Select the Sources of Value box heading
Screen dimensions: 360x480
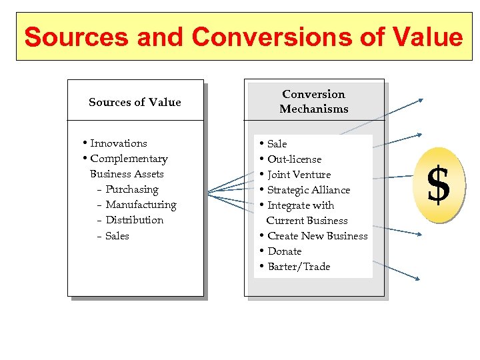tap(135, 102)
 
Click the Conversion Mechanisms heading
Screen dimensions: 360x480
tap(313, 101)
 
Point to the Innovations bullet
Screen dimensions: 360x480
tap(118, 143)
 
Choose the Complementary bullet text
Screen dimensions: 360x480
tap(129, 159)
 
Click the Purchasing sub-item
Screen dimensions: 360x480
tap(132, 189)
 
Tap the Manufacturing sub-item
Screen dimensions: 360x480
tap(141, 205)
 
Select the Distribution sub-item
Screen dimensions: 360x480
tap(134, 220)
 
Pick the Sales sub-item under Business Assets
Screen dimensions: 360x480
tap(117, 236)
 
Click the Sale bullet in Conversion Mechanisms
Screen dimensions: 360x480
tap(277, 144)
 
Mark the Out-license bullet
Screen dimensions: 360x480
tap(294, 159)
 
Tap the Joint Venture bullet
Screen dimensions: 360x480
tap(299, 175)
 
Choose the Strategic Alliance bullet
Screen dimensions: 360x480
tap(308, 190)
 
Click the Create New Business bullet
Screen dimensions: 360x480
tap(317, 236)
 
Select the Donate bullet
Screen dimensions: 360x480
tap(284, 251)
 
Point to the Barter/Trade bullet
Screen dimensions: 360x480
tap(299, 267)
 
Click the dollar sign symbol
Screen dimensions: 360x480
tap(438, 185)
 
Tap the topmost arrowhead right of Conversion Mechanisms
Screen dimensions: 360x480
tap(420, 100)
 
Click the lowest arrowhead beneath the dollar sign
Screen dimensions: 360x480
tap(419, 279)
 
